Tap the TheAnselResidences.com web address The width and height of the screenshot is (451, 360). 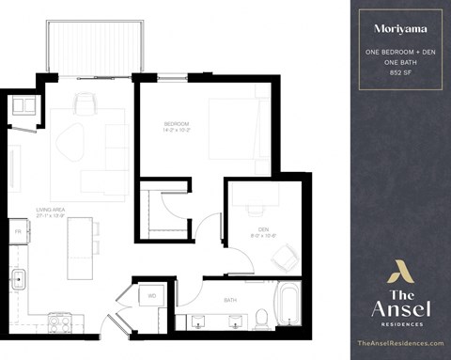coord(399,344)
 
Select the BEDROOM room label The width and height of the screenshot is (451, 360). coord(177,124)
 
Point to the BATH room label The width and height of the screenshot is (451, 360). coord(230,300)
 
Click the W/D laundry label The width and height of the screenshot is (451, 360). coord(151,297)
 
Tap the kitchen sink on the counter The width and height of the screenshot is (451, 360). coord(17,279)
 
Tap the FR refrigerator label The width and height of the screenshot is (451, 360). coord(17,228)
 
